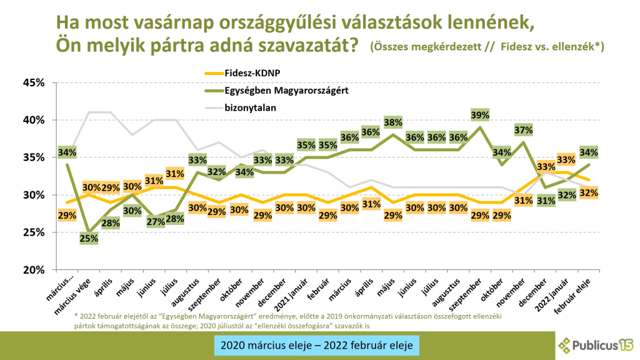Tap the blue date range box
click(317, 344)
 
